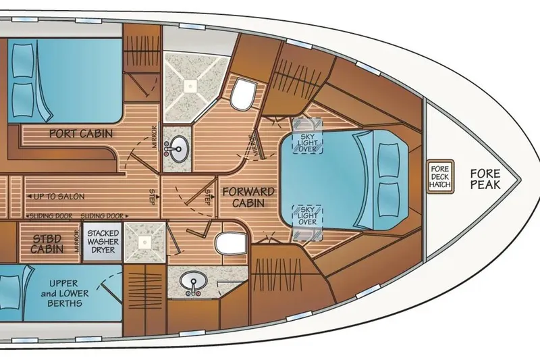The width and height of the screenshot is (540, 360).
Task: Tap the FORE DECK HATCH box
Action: pyautogui.click(x=443, y=177)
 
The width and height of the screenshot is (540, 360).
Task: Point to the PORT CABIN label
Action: pyautogui.click(x=81, y=133)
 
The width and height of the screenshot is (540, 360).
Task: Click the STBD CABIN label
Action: pyautogui.click(x=47, y=242)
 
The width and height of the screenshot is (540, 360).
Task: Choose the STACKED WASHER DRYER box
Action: pyautogui.click(x=104, y=242)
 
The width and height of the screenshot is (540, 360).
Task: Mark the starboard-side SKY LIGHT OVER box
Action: pyautogui.click(x=306, y=215)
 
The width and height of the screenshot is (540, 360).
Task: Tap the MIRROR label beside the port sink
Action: pyautogui.click(x=157, y=134)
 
